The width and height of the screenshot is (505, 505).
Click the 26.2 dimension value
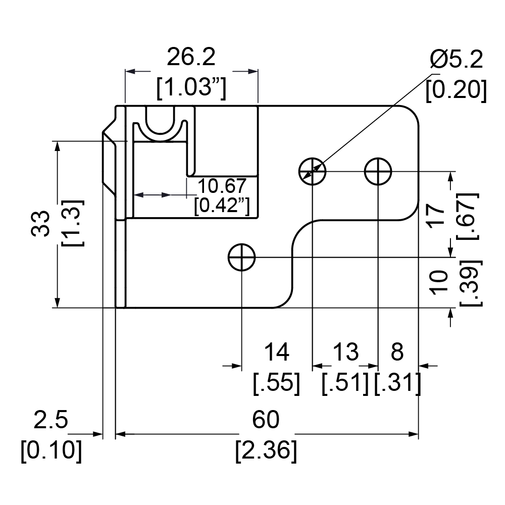[x=191, y=58]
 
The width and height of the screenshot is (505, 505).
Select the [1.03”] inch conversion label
[x=191, y=88]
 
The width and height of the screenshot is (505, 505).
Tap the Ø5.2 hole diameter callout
[x=457, y=60]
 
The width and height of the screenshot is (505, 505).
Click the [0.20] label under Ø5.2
[x=456, y=90]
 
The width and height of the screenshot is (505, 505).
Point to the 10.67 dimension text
[x=222, y=186]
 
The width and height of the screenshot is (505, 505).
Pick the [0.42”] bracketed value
[x=222, y=205]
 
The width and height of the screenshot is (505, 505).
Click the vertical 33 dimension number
[x=41, y=224]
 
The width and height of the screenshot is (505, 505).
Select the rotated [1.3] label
[x=72, y=223]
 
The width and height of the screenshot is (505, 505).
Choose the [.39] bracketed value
[x=471, y=282]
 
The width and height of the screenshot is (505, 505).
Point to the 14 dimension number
[x=277, y=352]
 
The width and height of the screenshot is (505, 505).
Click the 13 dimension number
[x=345, y=352]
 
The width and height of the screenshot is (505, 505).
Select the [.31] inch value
[x=397, y=384]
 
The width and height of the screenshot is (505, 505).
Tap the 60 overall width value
[x=266, y=420]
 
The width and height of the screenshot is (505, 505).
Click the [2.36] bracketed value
[x=266, y=450]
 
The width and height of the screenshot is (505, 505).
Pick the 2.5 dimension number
[x=51, y=420]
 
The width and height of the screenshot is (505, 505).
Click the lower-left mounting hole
[x=241, y=258]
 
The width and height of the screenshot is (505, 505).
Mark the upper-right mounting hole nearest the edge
[x=378, y=171]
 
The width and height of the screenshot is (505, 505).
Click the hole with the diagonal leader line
[x=313, y=171]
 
